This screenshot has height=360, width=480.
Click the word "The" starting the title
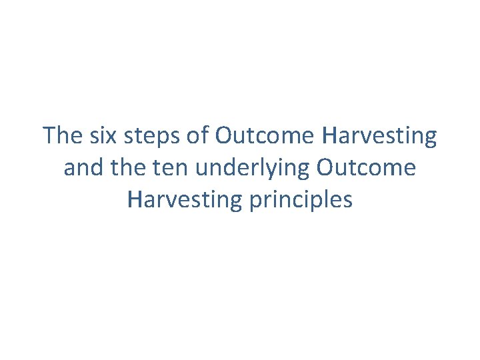(62, 136)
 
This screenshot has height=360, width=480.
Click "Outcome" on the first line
(265, 136)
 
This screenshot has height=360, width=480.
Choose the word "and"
(81, 168)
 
